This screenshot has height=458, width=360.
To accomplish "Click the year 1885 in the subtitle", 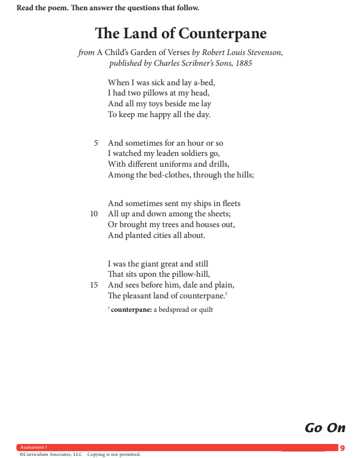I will [243, 63].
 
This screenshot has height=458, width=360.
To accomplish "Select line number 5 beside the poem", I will [96, 143].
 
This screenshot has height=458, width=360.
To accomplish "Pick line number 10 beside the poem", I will [94, 214].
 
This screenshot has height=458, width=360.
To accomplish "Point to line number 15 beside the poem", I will [94, 285].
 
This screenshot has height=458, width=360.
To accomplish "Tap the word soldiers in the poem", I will [181, 153].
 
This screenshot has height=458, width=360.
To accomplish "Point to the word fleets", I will [230, 203].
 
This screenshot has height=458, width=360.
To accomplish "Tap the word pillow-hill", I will [182, 275].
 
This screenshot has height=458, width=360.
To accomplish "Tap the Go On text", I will [325, 428].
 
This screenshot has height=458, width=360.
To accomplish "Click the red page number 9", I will [342, 448].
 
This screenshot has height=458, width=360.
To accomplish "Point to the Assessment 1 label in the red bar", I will [33, 448].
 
